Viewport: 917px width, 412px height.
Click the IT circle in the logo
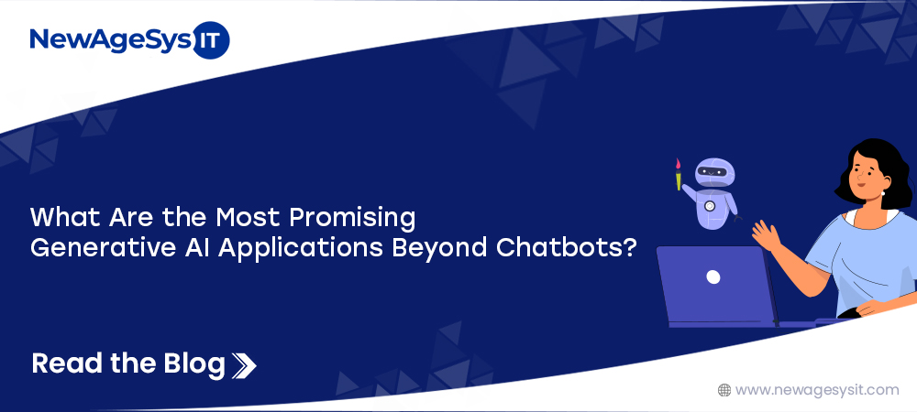pyautogui.click(x=211, y=40)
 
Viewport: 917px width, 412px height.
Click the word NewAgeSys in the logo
pyautogui.click(x=111, y=41)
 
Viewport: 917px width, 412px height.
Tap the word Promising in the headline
pyautogui.click(x=353, y=219)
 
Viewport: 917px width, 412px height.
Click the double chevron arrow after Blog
pyautogui.click(x=244, y=364)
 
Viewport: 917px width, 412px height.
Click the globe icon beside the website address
pyautogui.click(x=724, y=390)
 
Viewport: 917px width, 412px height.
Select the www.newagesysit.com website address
pyautogui.click(x=817, y=390)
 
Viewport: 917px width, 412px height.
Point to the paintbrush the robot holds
pyautogui.click(x=679, y=174)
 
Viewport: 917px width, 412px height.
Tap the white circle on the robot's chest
pyautogui.click(x=710, y=206)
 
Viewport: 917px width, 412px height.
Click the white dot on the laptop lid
pyautogui.click(x=713, y=277)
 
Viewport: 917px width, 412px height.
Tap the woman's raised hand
pyautogui.click(x=766, y=234)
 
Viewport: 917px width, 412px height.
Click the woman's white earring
pyautogui.click(x=882, y=193)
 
